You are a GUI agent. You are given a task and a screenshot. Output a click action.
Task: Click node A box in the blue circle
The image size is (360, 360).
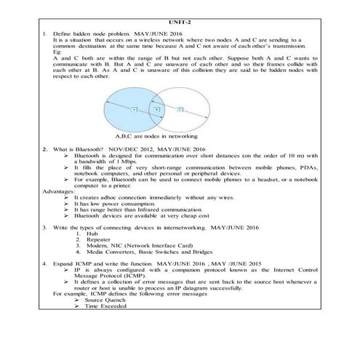[x=135, y=109]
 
